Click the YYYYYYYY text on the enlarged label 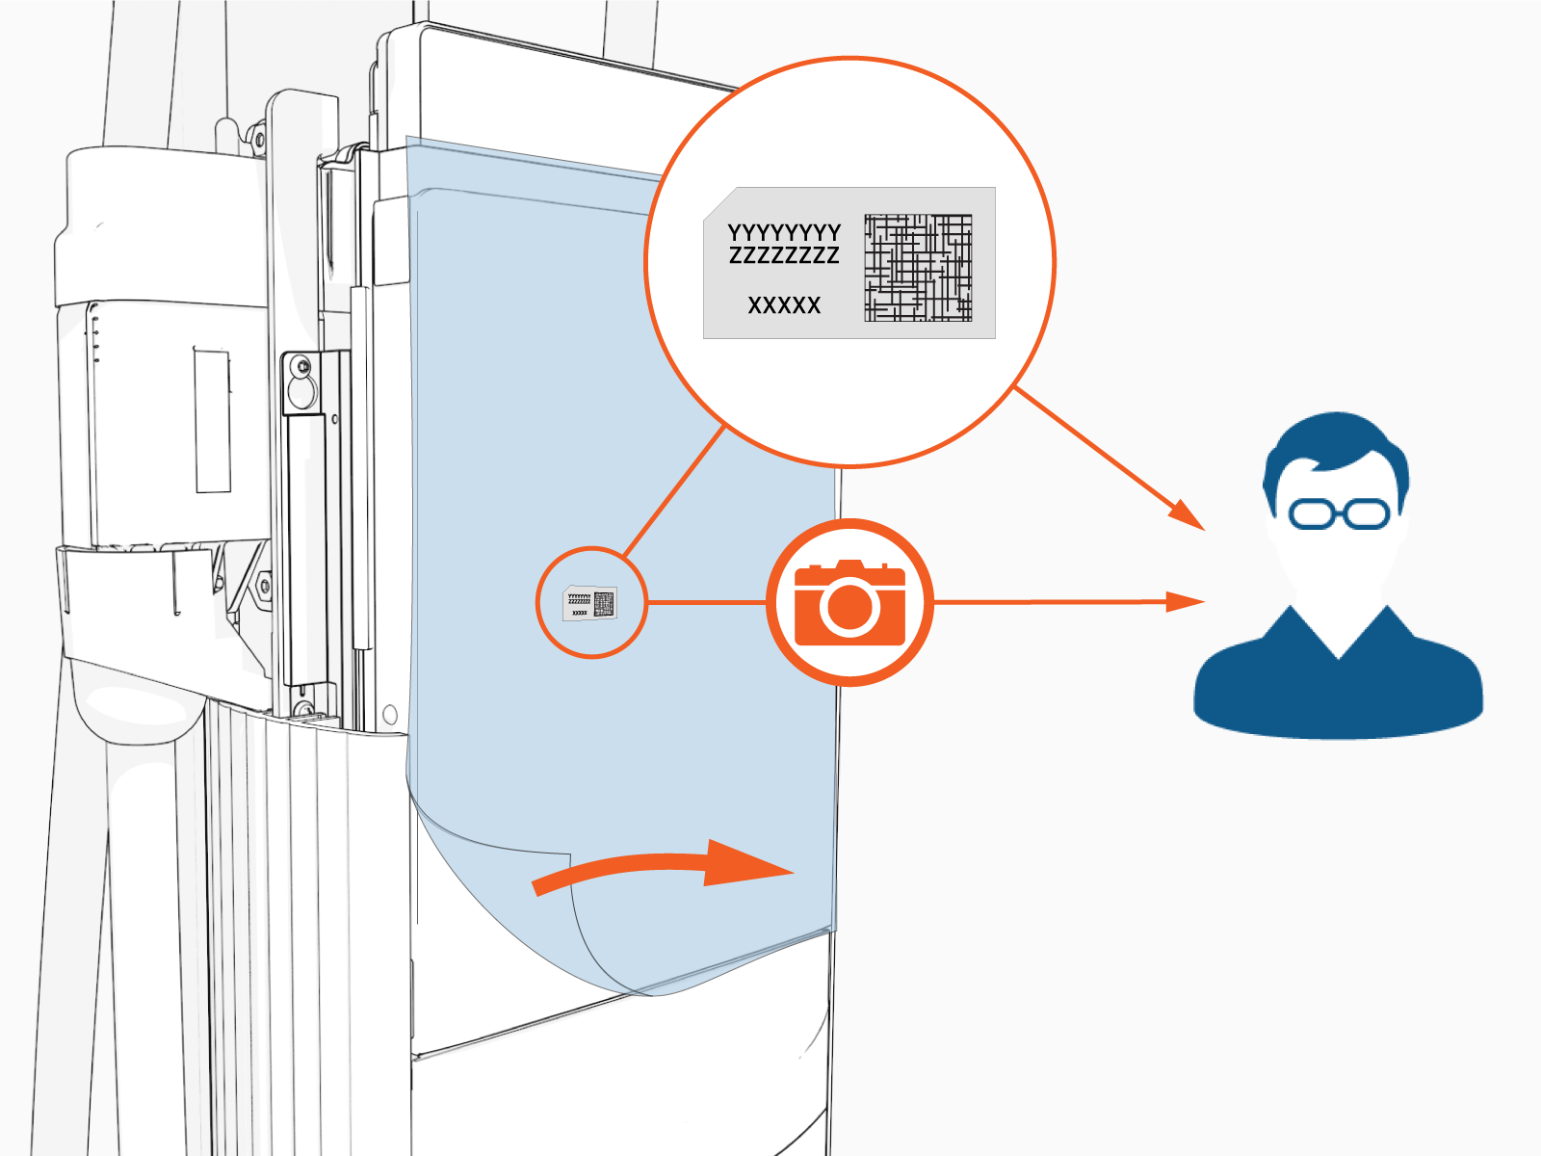click(783, 232)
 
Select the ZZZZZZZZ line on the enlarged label click(783, 255)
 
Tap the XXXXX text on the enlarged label click(784, 305)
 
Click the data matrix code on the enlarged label click(918, 268)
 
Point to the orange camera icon click(849, 602)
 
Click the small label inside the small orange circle click(589, 603)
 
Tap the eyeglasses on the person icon click(1339, 513)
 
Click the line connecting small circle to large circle click(674, 491)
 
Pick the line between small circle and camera click(706, 602)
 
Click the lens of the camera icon click(849, 607)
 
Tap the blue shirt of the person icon click(1338, 677)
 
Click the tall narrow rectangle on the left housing click(213, 420)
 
